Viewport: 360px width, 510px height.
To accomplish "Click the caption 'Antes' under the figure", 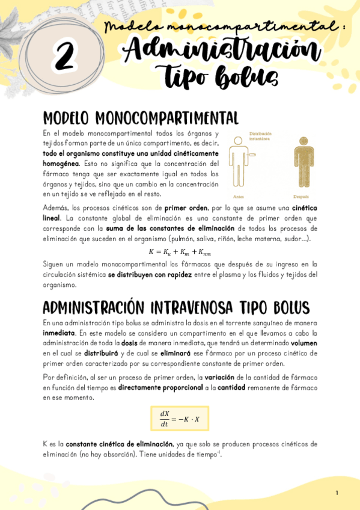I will pos(239,197).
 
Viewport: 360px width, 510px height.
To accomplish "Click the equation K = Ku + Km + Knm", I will pos(180,251).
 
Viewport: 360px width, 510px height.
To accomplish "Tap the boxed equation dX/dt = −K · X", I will pos(180,419).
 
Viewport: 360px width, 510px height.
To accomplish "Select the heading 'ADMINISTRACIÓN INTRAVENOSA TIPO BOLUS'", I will pos(176,307).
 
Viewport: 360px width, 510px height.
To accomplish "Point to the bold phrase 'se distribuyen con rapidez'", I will pos(150,274).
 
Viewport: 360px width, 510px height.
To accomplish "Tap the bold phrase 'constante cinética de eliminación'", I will pos(119,444).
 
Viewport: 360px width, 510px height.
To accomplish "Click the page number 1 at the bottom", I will pos(337,493).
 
